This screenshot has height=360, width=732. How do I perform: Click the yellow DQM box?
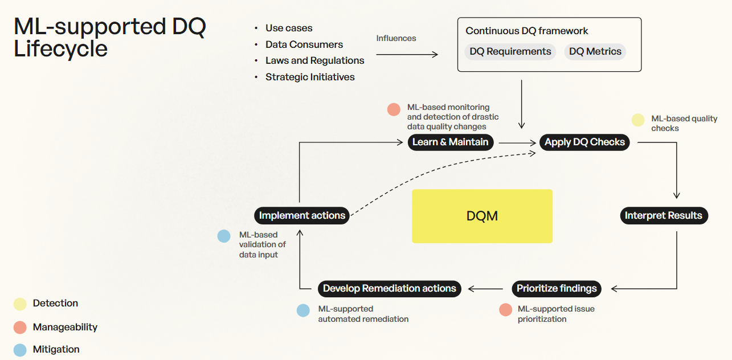pyautogui.click(x=482, y=216)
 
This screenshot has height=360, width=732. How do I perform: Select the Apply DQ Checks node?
pyautogui.click(x=584, y=142)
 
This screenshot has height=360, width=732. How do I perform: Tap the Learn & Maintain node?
pyautogui.click(x=450, y=142)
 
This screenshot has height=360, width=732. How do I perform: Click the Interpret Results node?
pyautogui.click(x=664, y=215)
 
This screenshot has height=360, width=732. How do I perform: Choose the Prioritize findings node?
pyautogui.click(x=557, y=288)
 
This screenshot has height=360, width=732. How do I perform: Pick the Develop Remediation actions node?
pyautogui.click(x=389, y=288)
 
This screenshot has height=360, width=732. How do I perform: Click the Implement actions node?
pyautogui.click(x=301, y=215)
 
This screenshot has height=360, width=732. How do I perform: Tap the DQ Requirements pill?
pyautogui.click(x=510, y=51)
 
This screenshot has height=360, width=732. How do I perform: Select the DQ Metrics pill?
pyautogui.click(x=595, y=51)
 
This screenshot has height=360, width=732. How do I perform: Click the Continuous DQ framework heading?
pyautogui.click(x=527, y=31)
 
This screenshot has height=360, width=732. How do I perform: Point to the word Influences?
pyautogui.click(x=396, y=38)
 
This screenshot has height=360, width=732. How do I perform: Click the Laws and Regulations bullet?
pyautogui.click(x=314, y=60)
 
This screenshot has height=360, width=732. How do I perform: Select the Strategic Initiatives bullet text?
pyautogui.click(x=310, y=77)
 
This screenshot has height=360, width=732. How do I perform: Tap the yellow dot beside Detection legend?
pyautogui.click(x=20, y=304)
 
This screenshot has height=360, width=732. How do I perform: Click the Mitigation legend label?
pyautogui.click(x=56, y=349)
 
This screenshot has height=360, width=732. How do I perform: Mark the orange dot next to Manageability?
pyautogui.click(x=20, y=327)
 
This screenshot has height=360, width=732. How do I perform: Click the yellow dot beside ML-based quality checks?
pyautogui.click(x=638, y=120)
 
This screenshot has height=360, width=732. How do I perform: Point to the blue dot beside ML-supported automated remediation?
pyautogui.click(x=304, y=310)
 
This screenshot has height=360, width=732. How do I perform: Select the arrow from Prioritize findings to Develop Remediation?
pyautogui.click(x=486, y=288)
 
